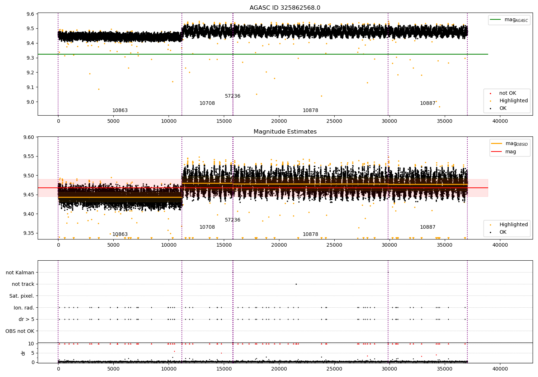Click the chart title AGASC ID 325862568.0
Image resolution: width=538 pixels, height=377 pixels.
(285, 8)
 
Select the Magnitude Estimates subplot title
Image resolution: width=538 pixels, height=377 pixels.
(285, 131)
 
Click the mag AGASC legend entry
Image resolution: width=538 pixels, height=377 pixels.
(509, 20)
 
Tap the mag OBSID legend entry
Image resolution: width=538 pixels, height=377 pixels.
(510, 144)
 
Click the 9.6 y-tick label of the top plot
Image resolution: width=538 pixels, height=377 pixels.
(30, 14)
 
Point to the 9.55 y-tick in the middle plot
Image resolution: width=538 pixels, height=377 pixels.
(29, 156)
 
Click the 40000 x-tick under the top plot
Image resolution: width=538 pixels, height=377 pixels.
(500, 121)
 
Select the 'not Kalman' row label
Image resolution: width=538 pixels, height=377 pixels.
(20, 273)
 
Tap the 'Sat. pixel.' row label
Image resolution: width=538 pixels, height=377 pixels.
(22, 296)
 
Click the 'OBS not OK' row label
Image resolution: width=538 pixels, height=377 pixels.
(20, 331)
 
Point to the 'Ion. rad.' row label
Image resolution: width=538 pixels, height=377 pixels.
(24, 308)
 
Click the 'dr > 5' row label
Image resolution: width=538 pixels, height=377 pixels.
(27, 319)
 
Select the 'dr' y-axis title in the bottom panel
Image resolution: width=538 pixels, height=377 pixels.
(23, 353)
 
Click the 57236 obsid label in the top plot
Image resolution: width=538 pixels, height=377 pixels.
(232, 96)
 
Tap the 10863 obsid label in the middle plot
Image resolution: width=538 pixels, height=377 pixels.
(120, 234)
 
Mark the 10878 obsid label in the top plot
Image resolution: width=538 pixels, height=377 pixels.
(310, 110)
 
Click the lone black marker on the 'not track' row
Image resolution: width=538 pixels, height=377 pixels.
(296, 284)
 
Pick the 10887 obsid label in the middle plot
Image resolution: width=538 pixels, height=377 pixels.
(428, 227)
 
